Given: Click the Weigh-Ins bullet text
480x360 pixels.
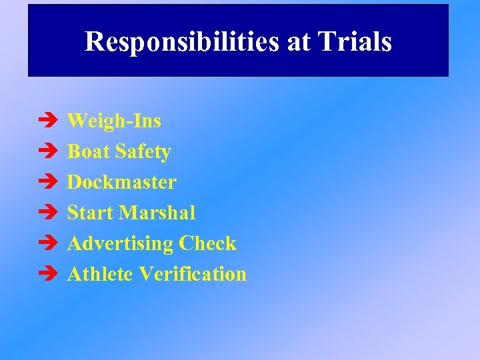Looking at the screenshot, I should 114,121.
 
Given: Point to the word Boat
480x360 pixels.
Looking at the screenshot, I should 89,151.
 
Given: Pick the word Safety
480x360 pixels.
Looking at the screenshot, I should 143,151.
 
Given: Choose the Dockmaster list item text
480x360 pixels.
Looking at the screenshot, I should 122,182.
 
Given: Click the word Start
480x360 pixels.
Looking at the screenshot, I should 91,213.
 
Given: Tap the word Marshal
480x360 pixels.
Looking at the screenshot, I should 157,213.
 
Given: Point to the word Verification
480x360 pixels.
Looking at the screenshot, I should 193,274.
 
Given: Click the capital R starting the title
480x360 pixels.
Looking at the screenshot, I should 94,42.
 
